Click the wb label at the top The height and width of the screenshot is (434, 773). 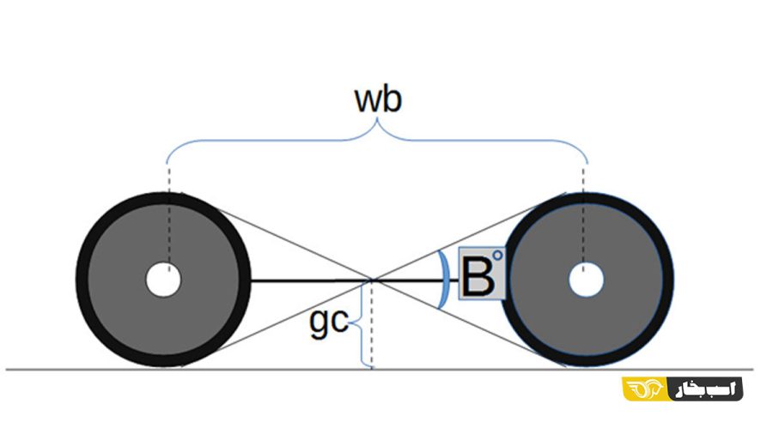point(378,100)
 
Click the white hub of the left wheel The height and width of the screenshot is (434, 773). point(162,280)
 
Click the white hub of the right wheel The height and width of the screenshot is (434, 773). point(587,280)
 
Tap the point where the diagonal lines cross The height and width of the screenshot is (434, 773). point(372,280)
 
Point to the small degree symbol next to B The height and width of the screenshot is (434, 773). point(497,256)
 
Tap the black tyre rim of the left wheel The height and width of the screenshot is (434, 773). point(85,280)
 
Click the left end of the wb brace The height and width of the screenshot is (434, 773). point(167,160)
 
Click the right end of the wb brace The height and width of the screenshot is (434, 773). point(587,160)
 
